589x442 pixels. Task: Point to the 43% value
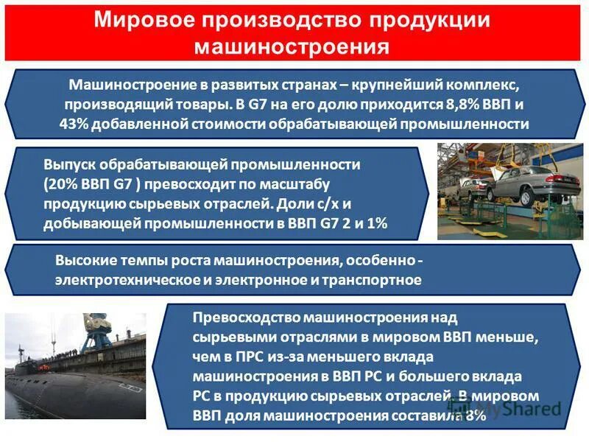pos(74,124)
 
